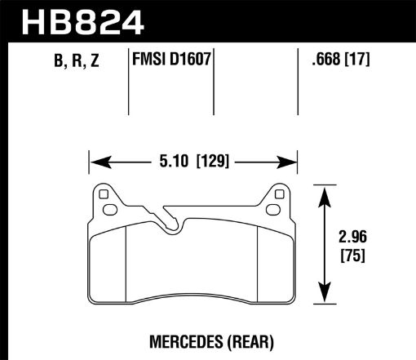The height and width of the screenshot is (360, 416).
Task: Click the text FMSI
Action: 148,60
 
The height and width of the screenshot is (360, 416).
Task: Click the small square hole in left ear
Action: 102,194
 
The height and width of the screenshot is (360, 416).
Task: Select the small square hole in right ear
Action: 280,194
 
